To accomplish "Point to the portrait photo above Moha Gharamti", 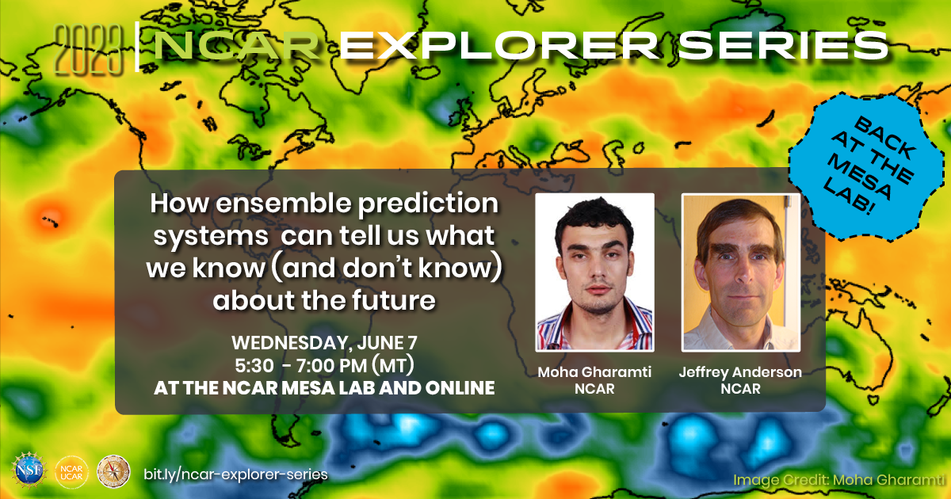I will (x=594, y=272).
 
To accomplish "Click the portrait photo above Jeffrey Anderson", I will (x=741, y=272).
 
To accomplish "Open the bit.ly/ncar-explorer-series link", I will (x=235, y=473).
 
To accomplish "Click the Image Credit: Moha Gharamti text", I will (x=839, y=479).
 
